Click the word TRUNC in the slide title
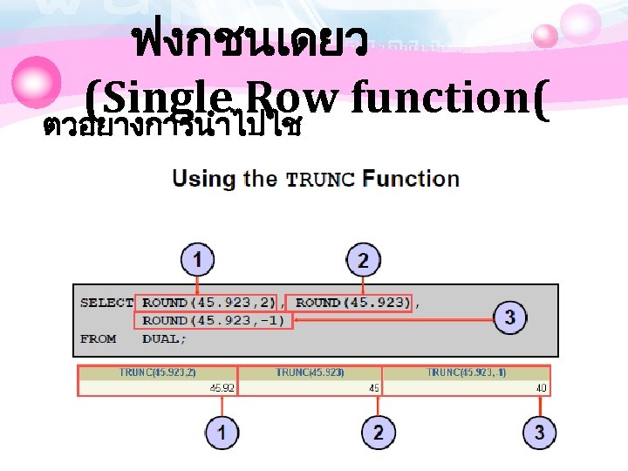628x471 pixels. point(320,180)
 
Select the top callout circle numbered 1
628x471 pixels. point(198,259)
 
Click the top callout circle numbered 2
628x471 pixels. point(363,259)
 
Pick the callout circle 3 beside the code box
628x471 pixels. point(510,317)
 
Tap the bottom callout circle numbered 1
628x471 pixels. point(222,433)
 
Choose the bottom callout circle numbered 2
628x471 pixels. point(378,433)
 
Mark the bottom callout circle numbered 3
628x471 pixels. point(540,433)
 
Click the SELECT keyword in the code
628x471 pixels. point(106,303)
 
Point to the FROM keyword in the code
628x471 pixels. point(98,338)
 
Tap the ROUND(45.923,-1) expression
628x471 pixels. point(214,320)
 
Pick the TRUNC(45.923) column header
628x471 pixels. point(310,372)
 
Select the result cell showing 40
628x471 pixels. point(542,388)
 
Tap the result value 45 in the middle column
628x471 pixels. point(373,388)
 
